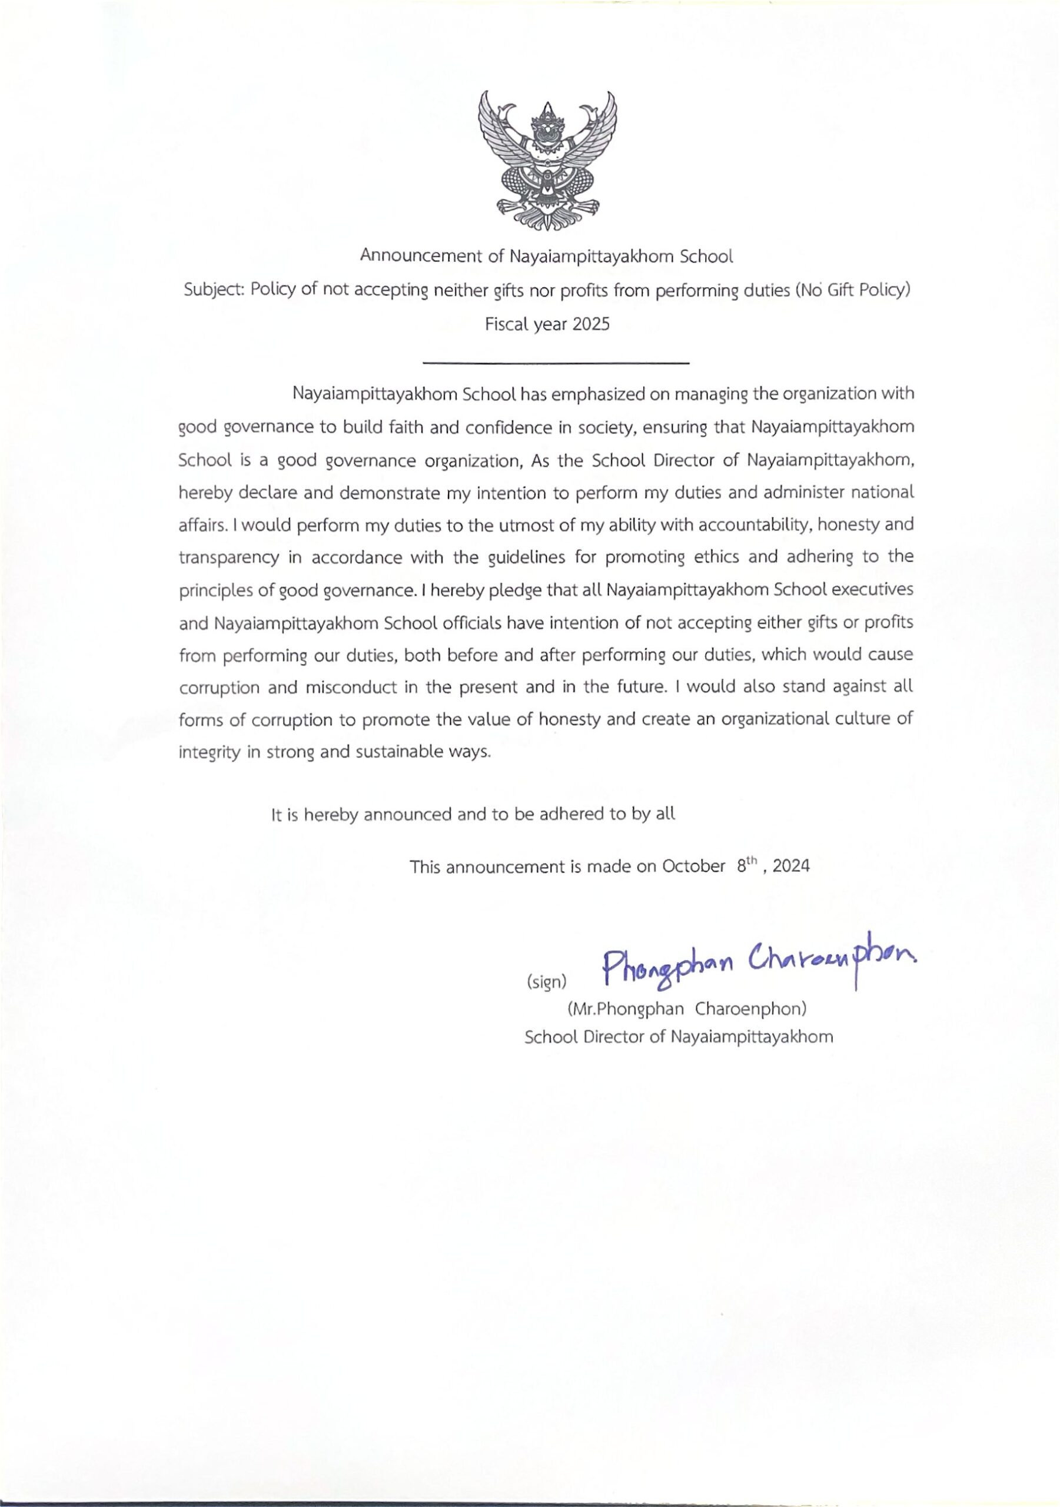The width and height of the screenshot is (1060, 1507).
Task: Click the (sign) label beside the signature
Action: [546, 982]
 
